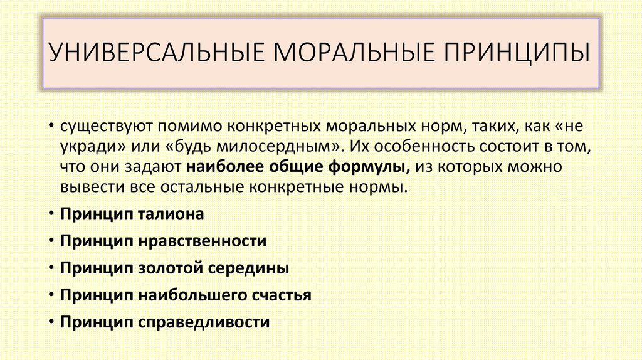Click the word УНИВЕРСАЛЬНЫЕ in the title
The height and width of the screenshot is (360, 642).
(156, 52)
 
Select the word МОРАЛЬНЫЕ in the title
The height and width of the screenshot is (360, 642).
(354, 52)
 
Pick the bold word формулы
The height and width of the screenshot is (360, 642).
(369, 167)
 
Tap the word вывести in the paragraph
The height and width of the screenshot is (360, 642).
(93, 188)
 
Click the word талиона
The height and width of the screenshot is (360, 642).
(171, 214)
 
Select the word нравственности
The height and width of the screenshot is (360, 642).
(203, 241)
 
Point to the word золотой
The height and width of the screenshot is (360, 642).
(171, 268)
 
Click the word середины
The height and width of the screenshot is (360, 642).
(248, 268)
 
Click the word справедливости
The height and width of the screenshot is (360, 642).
(204, 322)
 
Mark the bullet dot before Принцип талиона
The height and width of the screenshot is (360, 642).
(51, 213)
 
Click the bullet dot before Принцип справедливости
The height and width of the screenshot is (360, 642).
(51, 322)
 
